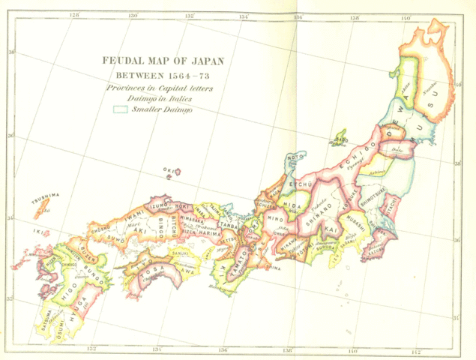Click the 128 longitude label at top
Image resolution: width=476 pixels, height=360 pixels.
tap(73, 14)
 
